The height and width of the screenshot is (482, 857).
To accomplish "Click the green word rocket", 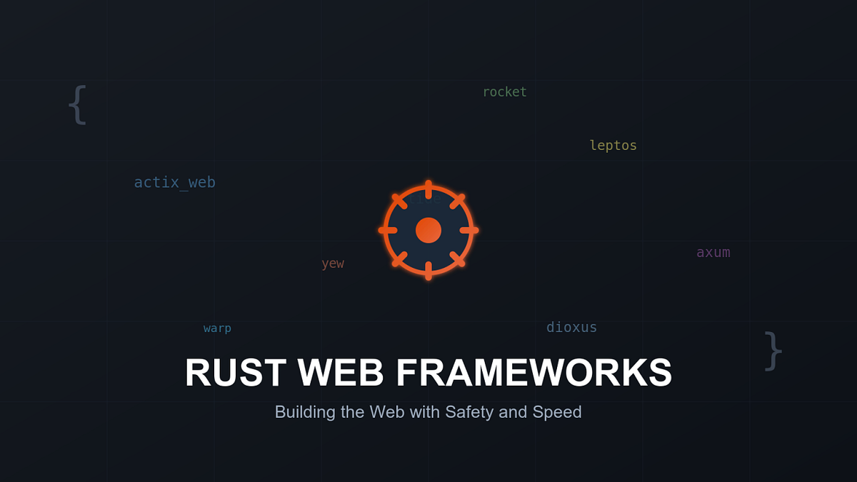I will click(x=504, y=91).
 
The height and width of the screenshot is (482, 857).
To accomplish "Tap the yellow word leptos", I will click(x=613, y=145).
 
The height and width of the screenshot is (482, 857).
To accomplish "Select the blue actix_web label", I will click(x=174, y=182).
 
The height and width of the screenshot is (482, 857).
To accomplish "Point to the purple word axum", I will click(x=713, y=252).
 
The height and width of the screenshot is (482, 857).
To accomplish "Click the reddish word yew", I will click(x=332, y=263).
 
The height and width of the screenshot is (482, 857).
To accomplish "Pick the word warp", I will click(x=217, y=328).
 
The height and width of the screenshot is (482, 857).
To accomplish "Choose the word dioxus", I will click(x=571, y=327).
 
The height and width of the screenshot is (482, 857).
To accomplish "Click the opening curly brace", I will click(x=77, y=105).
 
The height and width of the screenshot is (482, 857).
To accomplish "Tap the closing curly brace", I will click(x=773, y=351).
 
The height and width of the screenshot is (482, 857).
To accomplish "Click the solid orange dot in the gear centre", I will click(x=428, y=230).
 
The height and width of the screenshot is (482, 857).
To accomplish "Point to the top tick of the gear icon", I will click(x=428, y=189).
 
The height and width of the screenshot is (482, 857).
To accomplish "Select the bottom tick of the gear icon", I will click(x=428, y=271).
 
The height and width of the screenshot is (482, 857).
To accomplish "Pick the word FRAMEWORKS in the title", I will click(x=533, y=373).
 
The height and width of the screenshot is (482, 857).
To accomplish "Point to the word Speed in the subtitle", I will click(x=557, y=412).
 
